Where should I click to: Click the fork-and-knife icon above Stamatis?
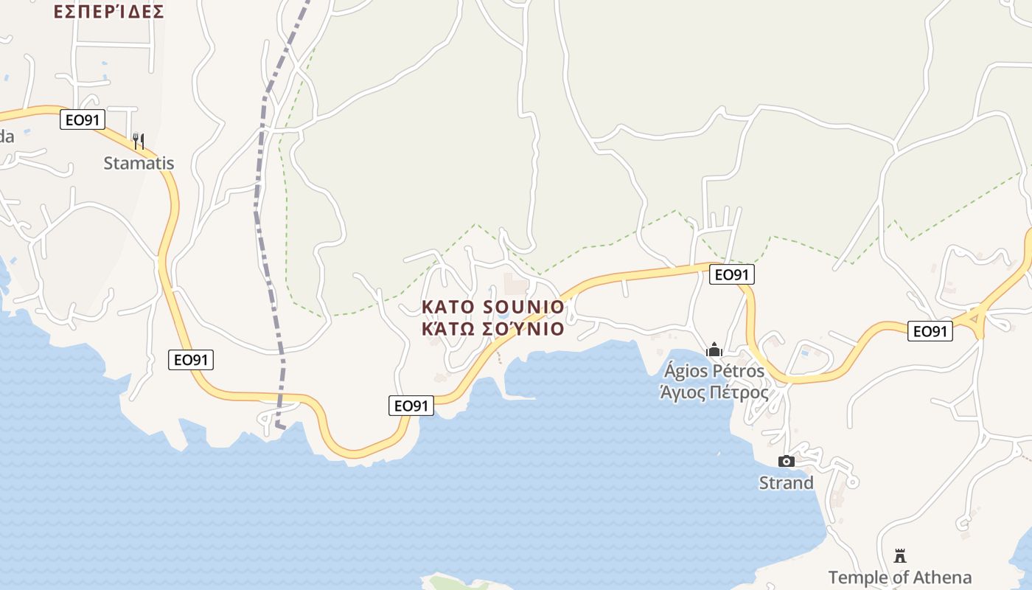coord(138,140)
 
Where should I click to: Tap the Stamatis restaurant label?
coord(139,163)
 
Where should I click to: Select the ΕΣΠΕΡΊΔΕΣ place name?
coord(108,12)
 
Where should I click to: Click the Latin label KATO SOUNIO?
coord(492,307)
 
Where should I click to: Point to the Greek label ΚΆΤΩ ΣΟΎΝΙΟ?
coord(492,329)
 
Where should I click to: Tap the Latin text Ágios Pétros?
coord(714,370)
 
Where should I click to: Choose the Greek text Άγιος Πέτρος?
coord(714,392)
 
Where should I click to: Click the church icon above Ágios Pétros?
coord(714,350)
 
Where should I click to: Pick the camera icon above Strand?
coord(787,462)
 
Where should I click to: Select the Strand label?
coord(787,483)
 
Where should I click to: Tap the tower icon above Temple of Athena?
coord(899,555)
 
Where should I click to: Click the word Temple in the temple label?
coord(857,577)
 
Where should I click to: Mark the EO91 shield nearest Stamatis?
coord(83,119)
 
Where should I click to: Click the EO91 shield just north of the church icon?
coord(732,274)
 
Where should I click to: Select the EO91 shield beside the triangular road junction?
coord(930,331)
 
